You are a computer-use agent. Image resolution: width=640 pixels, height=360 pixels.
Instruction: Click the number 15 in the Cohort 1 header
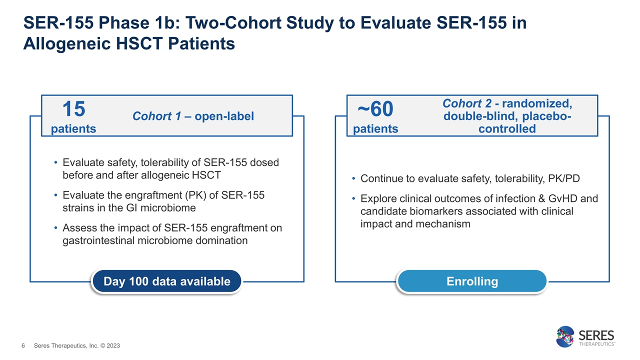73,108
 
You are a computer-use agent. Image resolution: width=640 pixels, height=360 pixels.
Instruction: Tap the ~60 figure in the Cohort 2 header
375,108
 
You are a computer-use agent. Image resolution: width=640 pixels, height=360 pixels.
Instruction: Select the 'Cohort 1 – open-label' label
193,116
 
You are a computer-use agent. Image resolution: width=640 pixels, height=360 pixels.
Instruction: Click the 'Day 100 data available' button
166,281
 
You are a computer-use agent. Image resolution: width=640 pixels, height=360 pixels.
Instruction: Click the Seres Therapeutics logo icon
566,336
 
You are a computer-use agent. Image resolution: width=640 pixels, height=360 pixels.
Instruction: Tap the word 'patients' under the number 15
73,129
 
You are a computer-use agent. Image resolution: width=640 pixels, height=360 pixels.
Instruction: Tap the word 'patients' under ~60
375,129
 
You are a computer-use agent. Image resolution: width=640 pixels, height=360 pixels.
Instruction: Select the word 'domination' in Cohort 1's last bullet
222,240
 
